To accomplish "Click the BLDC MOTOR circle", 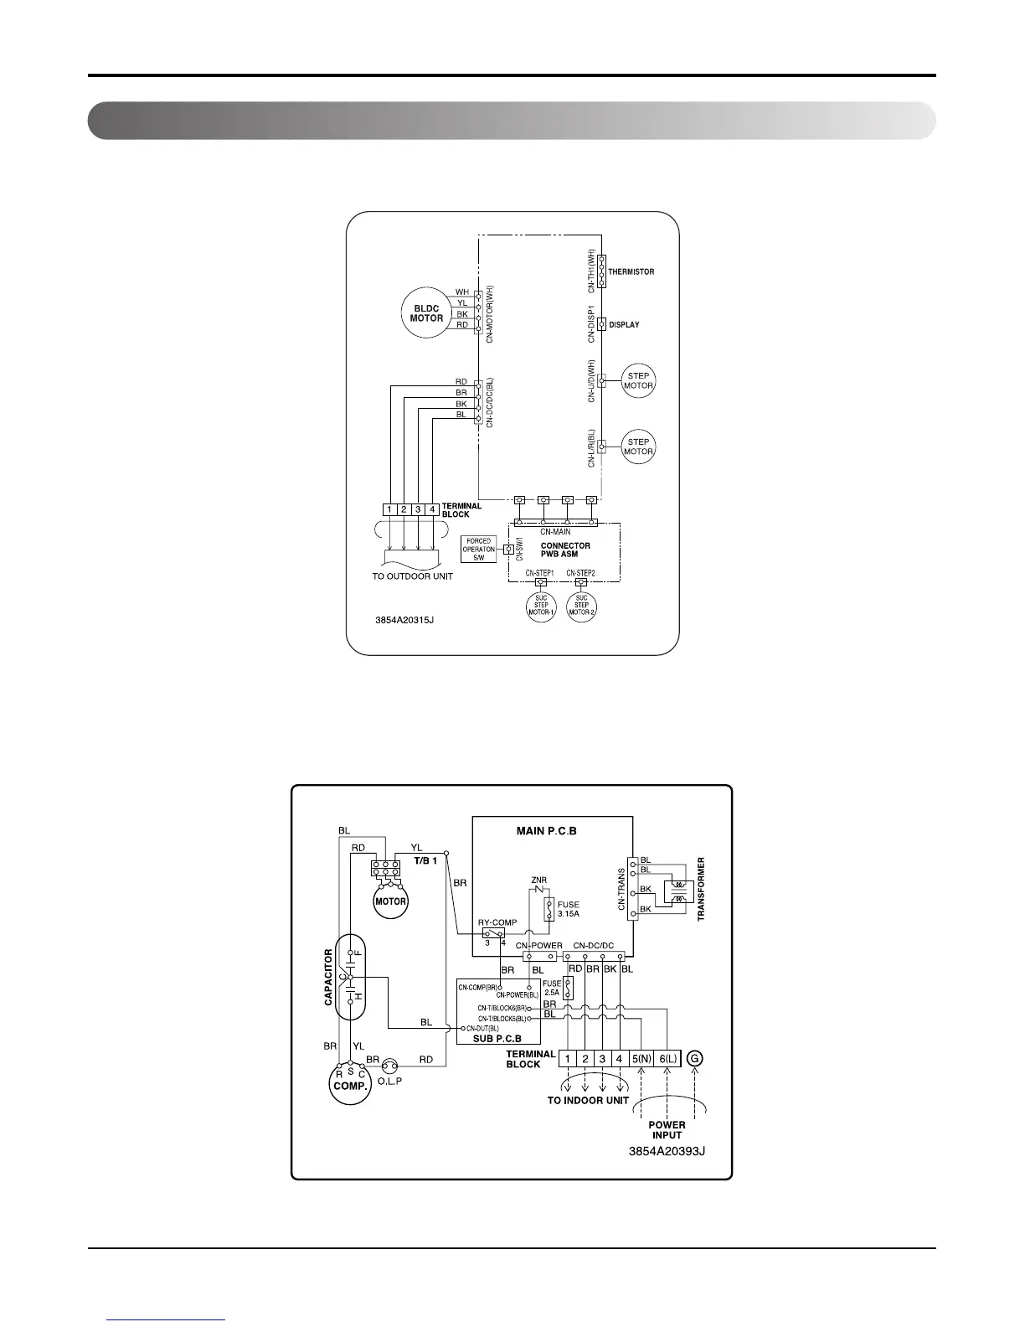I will pos(427,313).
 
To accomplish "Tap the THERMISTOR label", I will pos(631,272).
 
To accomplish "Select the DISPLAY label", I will pos(624,325).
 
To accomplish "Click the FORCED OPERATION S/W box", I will pos(478,550).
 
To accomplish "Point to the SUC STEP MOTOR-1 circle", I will pos(541,606).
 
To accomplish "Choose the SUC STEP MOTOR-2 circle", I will pos(581,606).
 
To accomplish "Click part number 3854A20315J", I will pos(404,622).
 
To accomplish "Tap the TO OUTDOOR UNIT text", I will pos(412,576).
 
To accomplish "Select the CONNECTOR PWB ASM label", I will pos(565,550).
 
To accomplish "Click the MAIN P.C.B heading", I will pos(546,831).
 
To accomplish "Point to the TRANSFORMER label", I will pos(702,889).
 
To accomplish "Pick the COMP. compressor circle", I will pos(350,1086).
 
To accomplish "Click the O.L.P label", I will pos(389,1081).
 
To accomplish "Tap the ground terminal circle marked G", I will pos(694,1059).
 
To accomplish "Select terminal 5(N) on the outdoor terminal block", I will pos(641,1059).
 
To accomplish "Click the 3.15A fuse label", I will pos(568,910).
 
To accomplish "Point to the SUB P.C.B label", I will pos(497,1039).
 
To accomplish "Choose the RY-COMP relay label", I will pos(497,922).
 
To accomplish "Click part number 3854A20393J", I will pos(667,1151).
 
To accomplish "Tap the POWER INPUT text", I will pos(667,1129).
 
